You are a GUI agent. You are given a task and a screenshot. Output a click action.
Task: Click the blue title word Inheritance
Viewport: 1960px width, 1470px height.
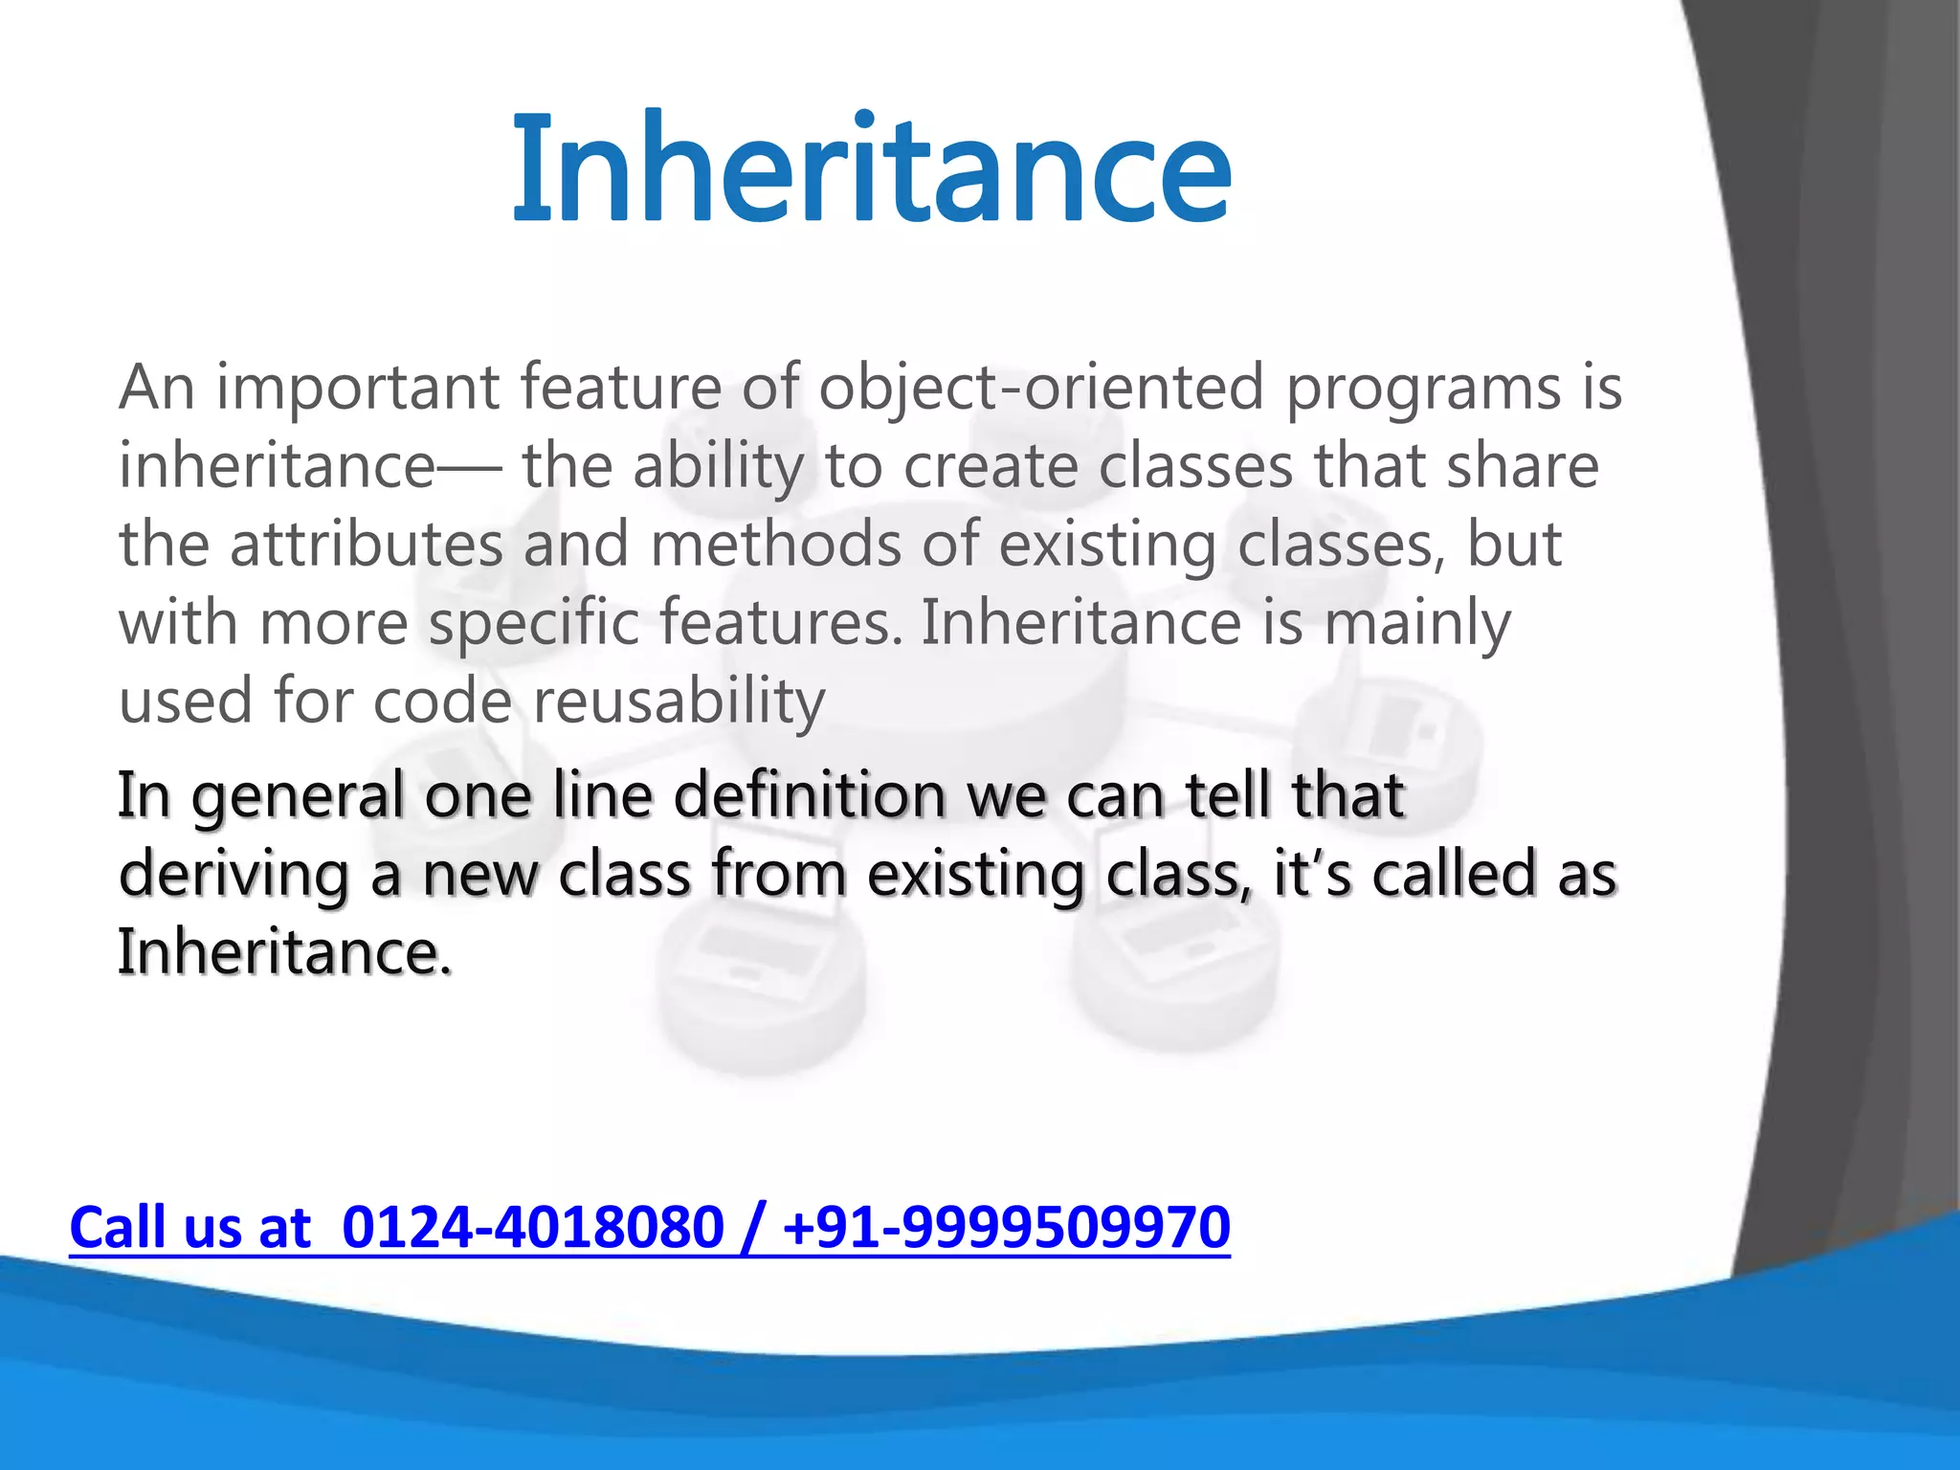tap(871, 170)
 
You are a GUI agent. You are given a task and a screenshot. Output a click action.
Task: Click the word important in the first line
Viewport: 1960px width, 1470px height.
tap(358, 388)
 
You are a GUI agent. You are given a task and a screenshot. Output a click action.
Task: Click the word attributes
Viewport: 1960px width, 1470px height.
tap(367, 545)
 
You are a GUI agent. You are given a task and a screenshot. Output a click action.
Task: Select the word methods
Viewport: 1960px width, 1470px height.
tap(776, 545)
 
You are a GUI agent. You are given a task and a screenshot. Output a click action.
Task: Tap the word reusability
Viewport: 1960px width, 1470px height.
tap(679, 702)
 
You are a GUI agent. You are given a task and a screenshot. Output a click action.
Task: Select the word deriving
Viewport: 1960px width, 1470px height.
tap(234, 875)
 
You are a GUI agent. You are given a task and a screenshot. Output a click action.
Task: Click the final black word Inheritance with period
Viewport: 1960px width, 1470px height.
tap(284, 952)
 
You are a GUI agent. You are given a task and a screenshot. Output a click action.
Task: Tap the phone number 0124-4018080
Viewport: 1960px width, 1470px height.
tap(532, 1228)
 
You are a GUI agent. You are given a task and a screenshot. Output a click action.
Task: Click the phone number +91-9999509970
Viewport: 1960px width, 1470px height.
tap(1006, 1228)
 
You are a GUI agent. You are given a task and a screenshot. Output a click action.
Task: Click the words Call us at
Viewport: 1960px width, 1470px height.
tap(190, 1228)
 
